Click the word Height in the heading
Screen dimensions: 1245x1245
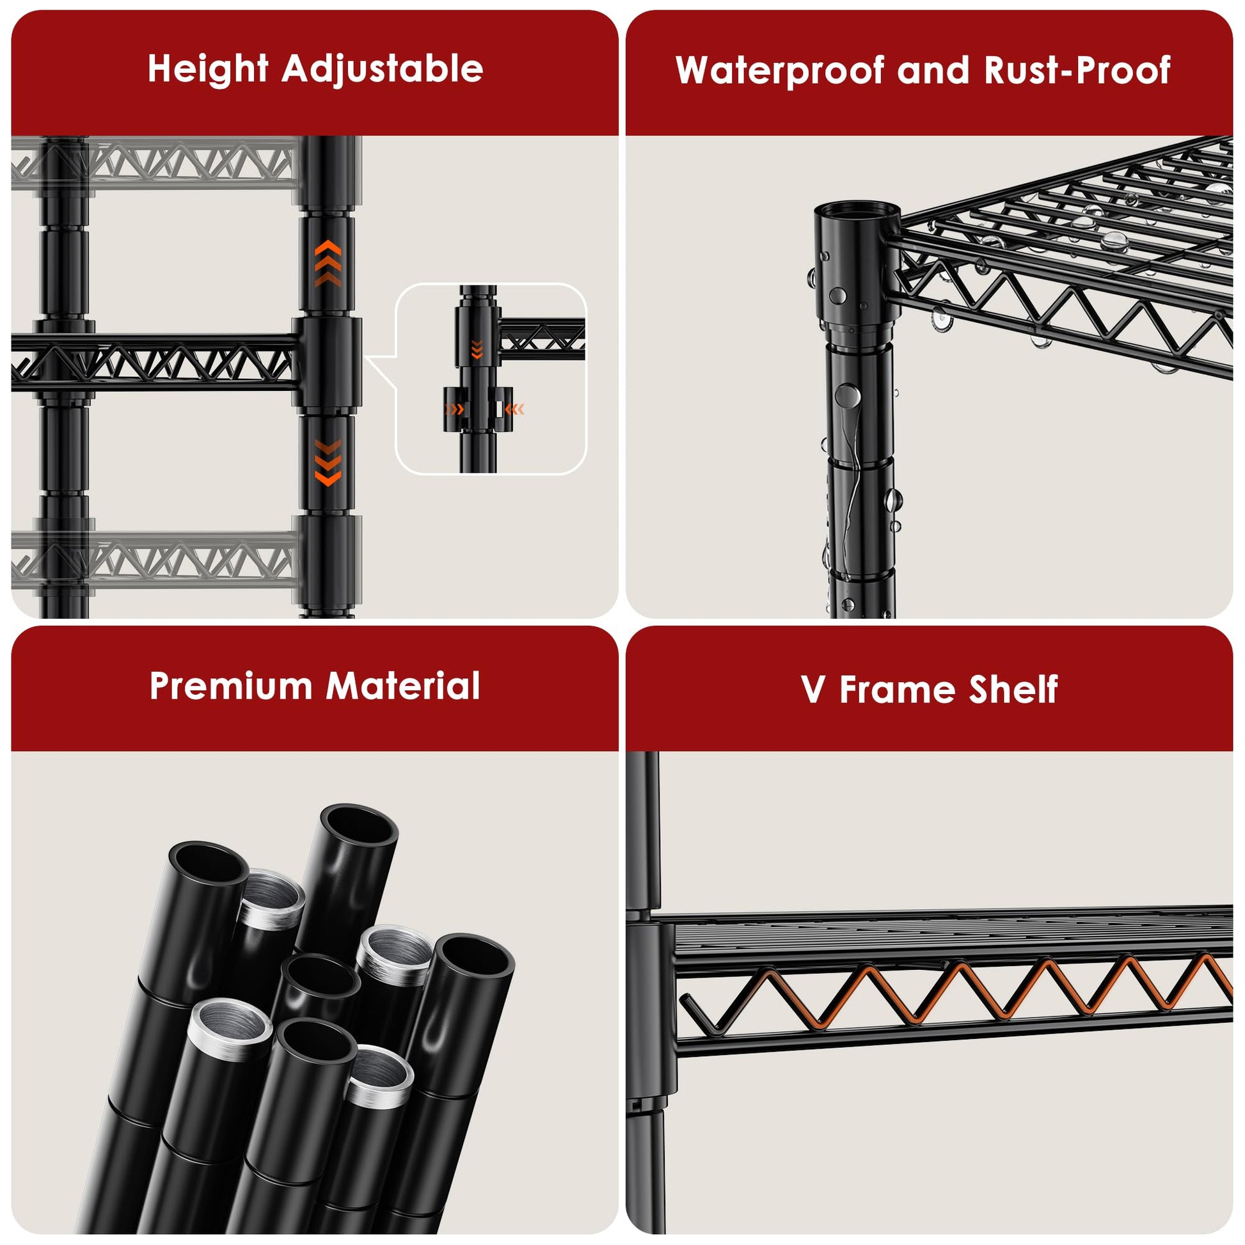(x=207, y=68)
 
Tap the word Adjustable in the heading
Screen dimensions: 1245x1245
(x=382, y=69)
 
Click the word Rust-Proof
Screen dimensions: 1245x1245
(x=1077, y=70)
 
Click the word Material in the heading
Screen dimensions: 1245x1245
(x=404, y=685)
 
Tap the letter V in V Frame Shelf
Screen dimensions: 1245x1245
(x=813, y=690)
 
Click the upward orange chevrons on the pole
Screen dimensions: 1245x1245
(x=328, y=263)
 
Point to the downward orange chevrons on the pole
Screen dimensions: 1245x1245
(x=328, y=463)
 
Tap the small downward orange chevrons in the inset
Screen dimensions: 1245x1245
(x=477, y=349)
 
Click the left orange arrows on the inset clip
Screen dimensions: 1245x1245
(x=454, y=409)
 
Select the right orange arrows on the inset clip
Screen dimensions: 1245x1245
(x=514, y=409)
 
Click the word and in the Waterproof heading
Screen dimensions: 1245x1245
(x=935, y=70)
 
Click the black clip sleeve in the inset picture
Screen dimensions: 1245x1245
(x=477, y=410)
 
